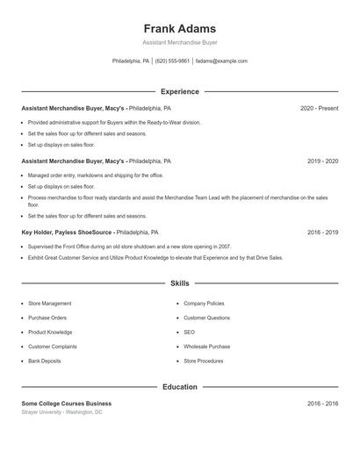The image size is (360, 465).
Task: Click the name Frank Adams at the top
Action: click(179, 28)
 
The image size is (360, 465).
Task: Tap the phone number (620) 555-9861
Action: click(173, 61)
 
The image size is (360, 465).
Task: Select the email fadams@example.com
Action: click(221, 61)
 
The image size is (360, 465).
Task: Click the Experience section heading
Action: click(179, 91)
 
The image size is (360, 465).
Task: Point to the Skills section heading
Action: click(179, 283)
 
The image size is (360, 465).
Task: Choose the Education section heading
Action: click(179, 387)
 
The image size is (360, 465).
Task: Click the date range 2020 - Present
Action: click(319, 108)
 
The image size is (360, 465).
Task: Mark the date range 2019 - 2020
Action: click(322, 161)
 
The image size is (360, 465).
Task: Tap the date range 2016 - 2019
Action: click(322, 232)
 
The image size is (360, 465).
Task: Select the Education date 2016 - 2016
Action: click(322, 404)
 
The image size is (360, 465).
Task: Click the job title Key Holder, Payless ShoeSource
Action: click(68, 232)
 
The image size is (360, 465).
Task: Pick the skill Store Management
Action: click(50, 304)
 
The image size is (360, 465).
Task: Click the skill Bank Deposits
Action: click(45, 361)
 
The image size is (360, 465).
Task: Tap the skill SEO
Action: click(189, 333)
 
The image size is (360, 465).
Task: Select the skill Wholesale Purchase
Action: click(206, 347)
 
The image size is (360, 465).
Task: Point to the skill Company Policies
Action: click(204, 304)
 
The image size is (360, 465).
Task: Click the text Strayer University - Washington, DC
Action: click(61, 411)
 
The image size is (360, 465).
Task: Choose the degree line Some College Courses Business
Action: click(67, 404)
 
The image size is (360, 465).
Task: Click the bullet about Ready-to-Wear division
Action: click(114, 123)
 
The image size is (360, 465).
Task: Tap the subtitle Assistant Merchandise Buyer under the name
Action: click(179, 42)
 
